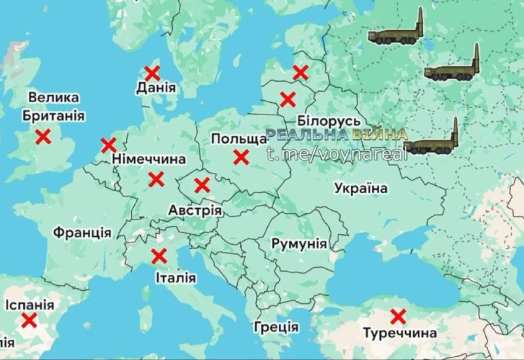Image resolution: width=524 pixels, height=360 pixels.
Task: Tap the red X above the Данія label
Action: tap(152, 72)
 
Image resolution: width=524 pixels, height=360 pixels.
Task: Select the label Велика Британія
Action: tap(53, 107)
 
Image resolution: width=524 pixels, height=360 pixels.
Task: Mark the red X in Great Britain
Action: tap(43, 137)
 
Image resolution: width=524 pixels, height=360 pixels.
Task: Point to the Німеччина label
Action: tap(149, 159)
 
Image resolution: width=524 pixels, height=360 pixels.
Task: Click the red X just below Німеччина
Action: tap(156, 179)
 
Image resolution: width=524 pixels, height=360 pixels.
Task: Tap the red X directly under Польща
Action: tap(241, 157)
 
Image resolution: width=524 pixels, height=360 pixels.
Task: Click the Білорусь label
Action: tap(328, 121)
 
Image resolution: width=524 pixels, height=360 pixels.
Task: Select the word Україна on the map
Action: tap(360, 189)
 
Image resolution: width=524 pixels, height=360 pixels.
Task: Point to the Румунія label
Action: tap(299, 243)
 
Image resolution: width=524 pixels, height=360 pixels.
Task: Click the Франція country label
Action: tap(83, 232)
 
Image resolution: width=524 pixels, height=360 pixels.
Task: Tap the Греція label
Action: tap(276, 327)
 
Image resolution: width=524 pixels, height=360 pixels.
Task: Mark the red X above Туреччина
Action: tap(398, 317)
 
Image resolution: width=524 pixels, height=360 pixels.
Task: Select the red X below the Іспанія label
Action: tap(28, 320)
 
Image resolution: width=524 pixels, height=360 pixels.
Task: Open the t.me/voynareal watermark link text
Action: tap(337, 153)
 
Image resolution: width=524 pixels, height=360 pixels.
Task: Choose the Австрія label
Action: tap(195, 211)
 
